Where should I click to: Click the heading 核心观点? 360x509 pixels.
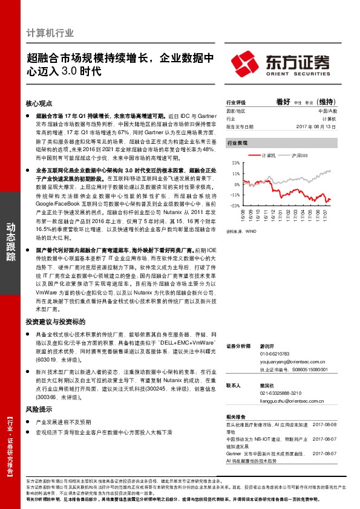(39, 104)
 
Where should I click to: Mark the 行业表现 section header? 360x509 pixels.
(237, 143)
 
